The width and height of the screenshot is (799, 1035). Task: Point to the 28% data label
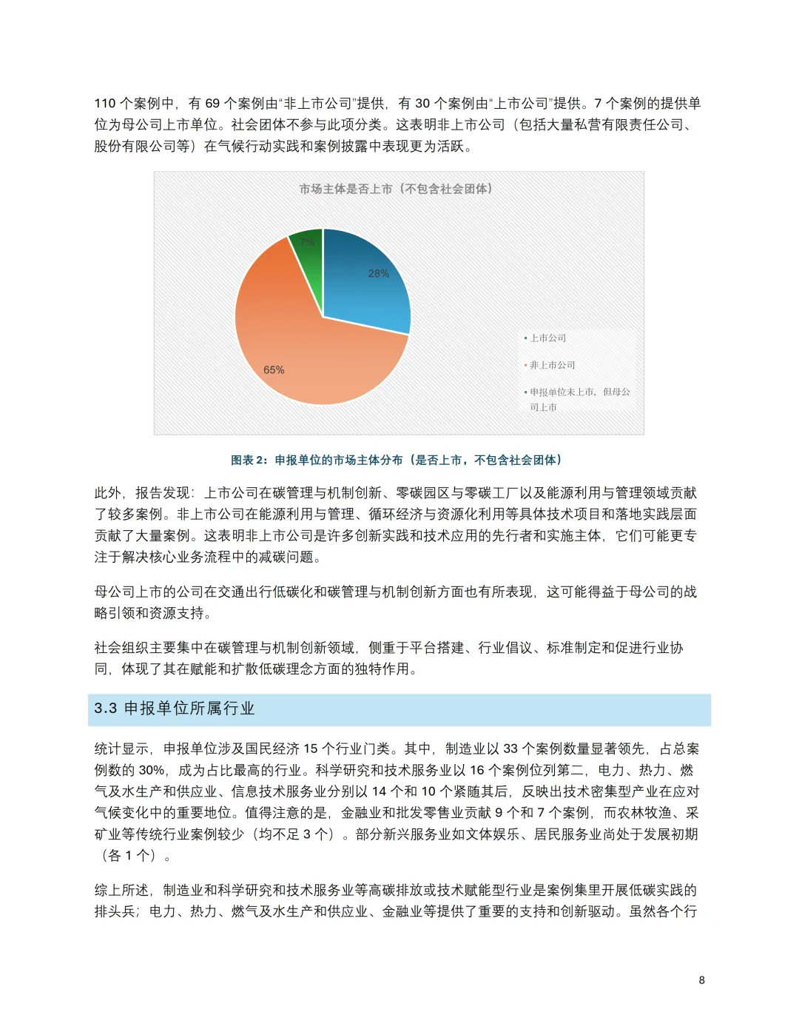point(378,274)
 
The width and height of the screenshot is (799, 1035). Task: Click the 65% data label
point(274,370)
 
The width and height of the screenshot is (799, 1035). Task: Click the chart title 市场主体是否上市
point(396,190)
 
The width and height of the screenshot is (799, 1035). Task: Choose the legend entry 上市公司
point(547,338)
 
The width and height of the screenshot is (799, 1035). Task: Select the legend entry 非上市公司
point(552,365)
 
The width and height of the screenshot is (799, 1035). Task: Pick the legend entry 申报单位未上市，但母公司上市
point(579,399)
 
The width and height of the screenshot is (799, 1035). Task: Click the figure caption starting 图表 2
point(396,460)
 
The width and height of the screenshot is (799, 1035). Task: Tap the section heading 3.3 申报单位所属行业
point(175,709)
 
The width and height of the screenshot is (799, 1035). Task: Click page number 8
point(701,980)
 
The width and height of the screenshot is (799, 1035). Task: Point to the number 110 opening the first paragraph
point(105,104)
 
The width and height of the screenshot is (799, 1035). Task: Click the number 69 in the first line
point(212,104)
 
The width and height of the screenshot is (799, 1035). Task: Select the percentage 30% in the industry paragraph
point(151,771)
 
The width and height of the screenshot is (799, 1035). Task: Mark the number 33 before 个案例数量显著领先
point(510,749)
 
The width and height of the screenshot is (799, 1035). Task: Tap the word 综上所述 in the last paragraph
point(121,891)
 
